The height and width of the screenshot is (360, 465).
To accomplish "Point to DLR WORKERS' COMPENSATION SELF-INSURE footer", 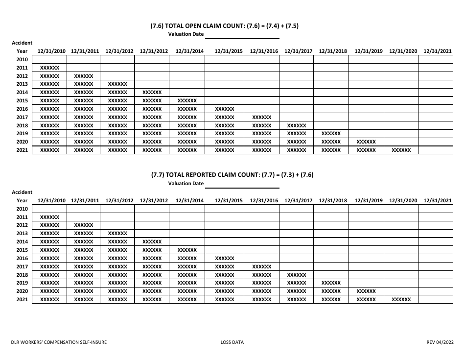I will (59, 342).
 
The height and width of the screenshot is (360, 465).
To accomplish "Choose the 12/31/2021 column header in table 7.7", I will (438, 200).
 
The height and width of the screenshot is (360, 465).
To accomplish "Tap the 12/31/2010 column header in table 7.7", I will (51, 200).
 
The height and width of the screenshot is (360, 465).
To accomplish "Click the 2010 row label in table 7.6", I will (22, 59).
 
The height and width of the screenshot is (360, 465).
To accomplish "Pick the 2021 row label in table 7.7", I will (22, 299).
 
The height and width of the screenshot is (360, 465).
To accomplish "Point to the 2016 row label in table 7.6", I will (22, 109).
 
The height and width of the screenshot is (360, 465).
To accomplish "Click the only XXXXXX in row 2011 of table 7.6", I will (49, 68).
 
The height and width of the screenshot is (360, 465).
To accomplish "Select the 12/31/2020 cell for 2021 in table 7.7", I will (401, 299).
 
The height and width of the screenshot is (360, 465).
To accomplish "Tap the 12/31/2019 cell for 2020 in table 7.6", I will (366, 142).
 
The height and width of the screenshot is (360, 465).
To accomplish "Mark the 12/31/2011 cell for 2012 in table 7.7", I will (83, 225).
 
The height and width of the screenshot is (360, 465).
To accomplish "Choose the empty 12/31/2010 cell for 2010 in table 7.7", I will (49, 209).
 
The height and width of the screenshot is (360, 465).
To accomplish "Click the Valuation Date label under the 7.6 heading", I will (186, 34).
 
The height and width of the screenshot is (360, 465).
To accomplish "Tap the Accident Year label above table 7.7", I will (22, 196).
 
